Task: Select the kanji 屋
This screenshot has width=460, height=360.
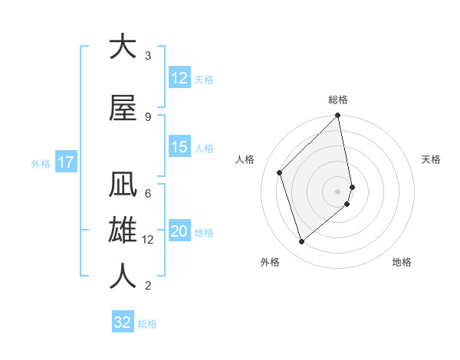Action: point(123,108)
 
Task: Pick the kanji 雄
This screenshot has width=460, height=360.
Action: point(123,231)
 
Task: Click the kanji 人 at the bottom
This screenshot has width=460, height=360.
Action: point(123,275)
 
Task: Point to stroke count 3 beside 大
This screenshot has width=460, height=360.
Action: point(148,56)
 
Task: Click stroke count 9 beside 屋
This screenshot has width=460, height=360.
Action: point(148,117)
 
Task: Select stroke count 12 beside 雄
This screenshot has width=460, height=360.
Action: point(148,240)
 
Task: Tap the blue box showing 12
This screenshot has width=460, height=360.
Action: point(179,78)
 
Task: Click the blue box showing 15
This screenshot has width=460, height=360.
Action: point(179,148)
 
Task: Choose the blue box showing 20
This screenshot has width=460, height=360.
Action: point(179,232)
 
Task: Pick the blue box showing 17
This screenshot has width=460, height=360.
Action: point(65,162)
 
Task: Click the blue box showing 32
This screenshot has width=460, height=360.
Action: point(123,322)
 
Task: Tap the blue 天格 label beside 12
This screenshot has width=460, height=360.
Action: point(204,79)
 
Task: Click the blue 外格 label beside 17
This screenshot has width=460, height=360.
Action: point(41,163)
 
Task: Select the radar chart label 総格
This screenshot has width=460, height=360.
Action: point(338,100)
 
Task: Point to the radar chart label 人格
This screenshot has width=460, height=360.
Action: point(245,159)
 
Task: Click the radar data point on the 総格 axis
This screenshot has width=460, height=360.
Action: point(338,116)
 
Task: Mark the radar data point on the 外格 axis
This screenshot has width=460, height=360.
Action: point(301,242)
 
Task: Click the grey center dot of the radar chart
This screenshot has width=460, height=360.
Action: point(338,191)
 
